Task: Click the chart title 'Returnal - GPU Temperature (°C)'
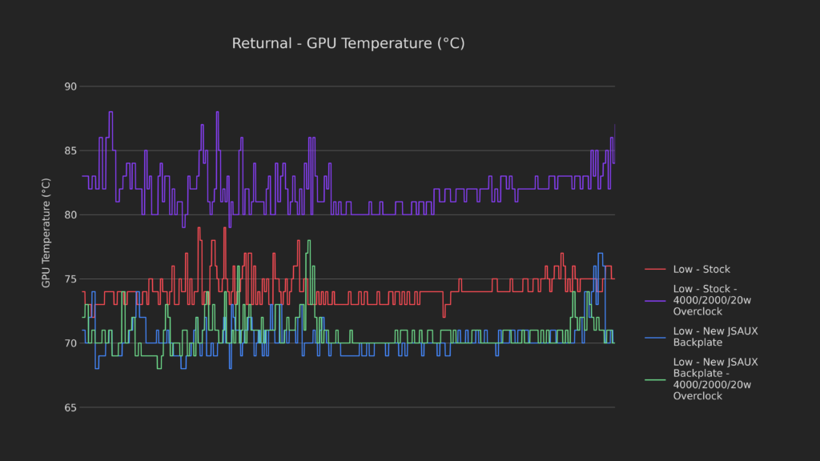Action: pyautogui.click(x=348, y=43)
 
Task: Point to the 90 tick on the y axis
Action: pyautogui.click(x=70, y=86)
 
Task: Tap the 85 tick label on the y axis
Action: pyautogui.click(x=70, y=150)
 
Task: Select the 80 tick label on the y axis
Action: pyautogui.click(x=70, y=214)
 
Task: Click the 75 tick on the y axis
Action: pyautogui.click(x=70, y=279)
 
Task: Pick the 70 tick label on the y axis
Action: pyautogui.click(x=70, y=343)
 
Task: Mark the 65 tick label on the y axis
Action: pyautogui.click(x=70, y=407)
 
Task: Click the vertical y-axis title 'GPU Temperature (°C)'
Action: pyautogui.click(x=46, y=233)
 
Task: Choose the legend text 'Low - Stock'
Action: pyautogui.click(x=701, y=270)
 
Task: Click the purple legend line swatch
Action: pyautogui.click(x=655, y=300)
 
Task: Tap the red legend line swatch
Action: pyautogui.click(x=655, y=270)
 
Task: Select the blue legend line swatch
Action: pyautogui.click(x=655, y=336)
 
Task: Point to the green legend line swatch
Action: pyautogui.click(x=655, y=379)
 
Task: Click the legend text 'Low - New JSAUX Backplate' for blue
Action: pyautogui.click(x=715, y=336)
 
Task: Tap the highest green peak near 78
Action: pyautogui.click(x=309, y=241)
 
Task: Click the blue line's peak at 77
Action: pyautogui.click(x=600, y=254)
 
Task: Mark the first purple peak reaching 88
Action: pyautogui.click(x=111, y=112)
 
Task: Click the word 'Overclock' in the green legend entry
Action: pyautogui.click(x=697, y=396)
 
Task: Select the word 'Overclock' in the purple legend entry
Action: pyautogui.click(x=697, y=311)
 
